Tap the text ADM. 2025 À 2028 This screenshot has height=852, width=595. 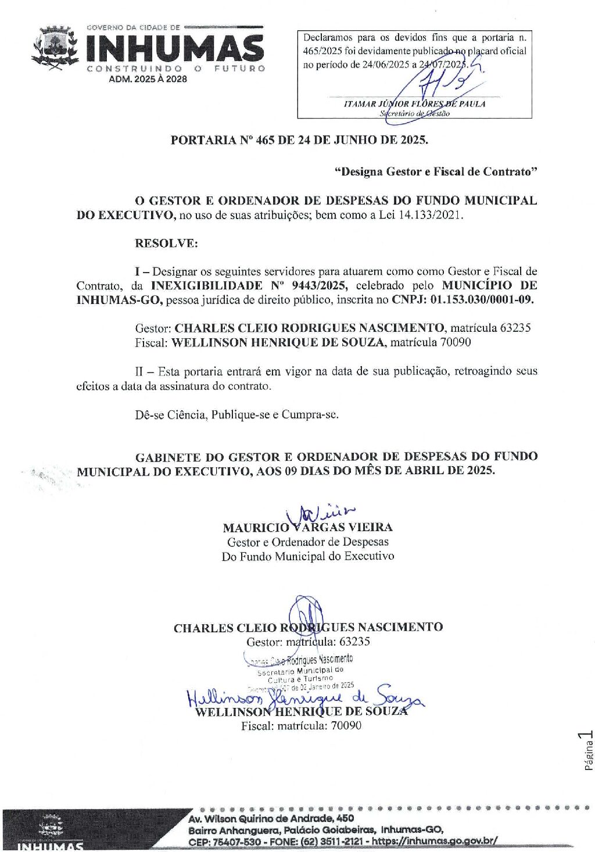pyautogui.click(x=148, y=80)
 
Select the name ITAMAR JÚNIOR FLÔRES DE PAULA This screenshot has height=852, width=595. pyautogui.click(x=414, y=104)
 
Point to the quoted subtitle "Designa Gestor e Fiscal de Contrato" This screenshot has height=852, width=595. pyautogui.click(x=436, y=172)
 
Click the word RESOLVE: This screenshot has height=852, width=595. pyautogui.click(x=166, y=244)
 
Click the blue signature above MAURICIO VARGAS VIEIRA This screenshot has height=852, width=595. pyautogui.click(x=320, y=513)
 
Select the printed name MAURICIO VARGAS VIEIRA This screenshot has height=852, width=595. pyautogui.click(x=307, y=528)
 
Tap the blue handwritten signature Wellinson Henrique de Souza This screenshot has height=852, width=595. pyautogui.click(x=305, y=696)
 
